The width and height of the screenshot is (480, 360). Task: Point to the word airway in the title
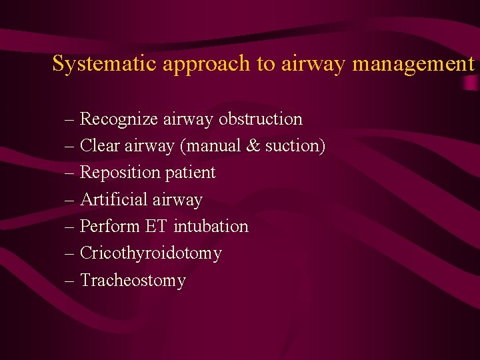pyautogui.click(x=312, y=65)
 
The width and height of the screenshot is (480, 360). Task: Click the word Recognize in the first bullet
pyautogui.click(x=117, y=119)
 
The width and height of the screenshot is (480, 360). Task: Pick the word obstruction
pyautogui.click(x=261, y=119)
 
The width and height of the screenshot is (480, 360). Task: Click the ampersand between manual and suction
pyautogui.click(x=253, y=145)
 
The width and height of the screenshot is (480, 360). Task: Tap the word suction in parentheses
pyautogui.click(x=295, y=146)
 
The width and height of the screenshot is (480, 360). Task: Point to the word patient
pyautogui.click(x=190, y=173)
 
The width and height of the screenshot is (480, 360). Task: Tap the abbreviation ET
pyautogui.click(x=157, y=226)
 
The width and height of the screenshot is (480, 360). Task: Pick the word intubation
pyautogui.click(x=211, y=226)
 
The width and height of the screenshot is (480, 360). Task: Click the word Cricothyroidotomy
pyautogui.click(x=151, y=253)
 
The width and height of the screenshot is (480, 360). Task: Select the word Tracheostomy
pyautogui.click(x=133, y=281)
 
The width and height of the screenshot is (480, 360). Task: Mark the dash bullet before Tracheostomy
pyautogui.click(x=71, y=281)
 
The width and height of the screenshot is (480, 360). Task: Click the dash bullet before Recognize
pyautogui.click(x=71, y=119)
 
